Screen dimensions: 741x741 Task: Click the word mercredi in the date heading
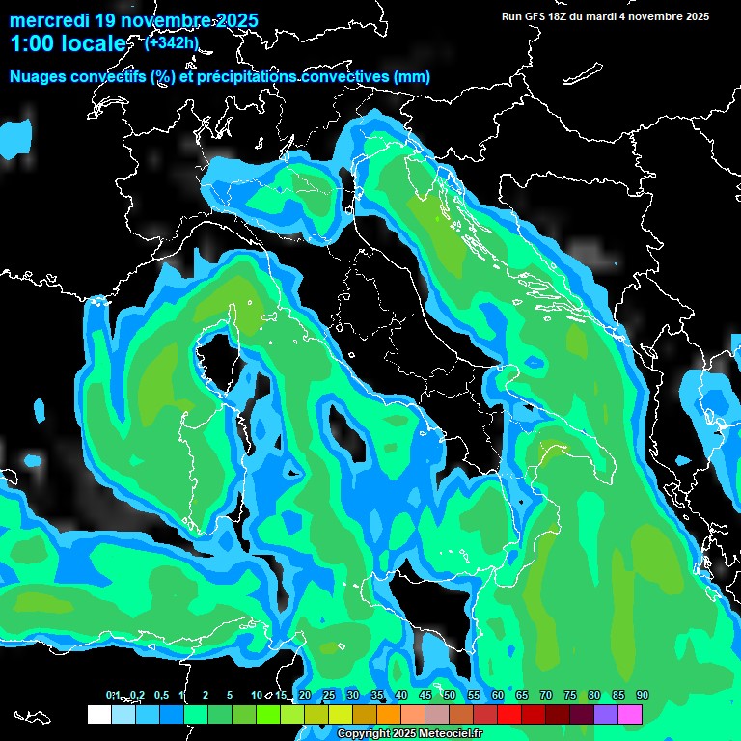click(x=47, y=19)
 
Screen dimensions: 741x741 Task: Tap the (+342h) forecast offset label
click(x=173, y=41)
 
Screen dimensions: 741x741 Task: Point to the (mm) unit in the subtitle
click(x=411, y=76)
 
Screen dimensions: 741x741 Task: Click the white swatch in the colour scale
click(x=98, y=714)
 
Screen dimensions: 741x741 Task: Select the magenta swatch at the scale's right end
click(x=630, y=714)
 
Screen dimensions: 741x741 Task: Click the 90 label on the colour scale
click(x=643, y=695)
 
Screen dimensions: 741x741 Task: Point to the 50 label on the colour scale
click(x=450, y=695)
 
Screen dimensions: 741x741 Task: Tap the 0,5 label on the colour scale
click(x=160, y=695)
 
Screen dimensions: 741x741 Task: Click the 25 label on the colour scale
click(x=329, y=695)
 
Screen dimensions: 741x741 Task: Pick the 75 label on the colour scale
click(x=570, y=695)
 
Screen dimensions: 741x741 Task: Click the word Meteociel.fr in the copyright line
click(x=457, y=734)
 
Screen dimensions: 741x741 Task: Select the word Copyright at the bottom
click(x=364, y=734)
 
